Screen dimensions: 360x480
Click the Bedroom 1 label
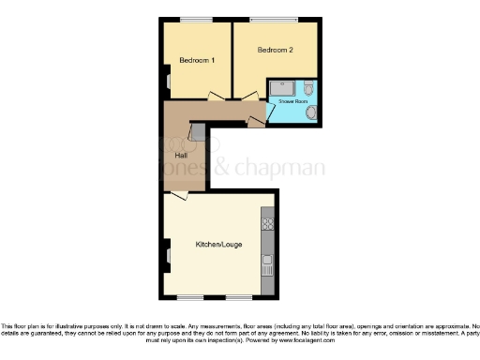(x=197, y=61)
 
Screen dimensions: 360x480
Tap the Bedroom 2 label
(x=276, y=49)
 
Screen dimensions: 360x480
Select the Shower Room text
(x=293, y=98)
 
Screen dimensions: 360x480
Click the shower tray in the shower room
(x=281, y=88)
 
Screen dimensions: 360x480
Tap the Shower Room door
(x=269, y=112)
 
